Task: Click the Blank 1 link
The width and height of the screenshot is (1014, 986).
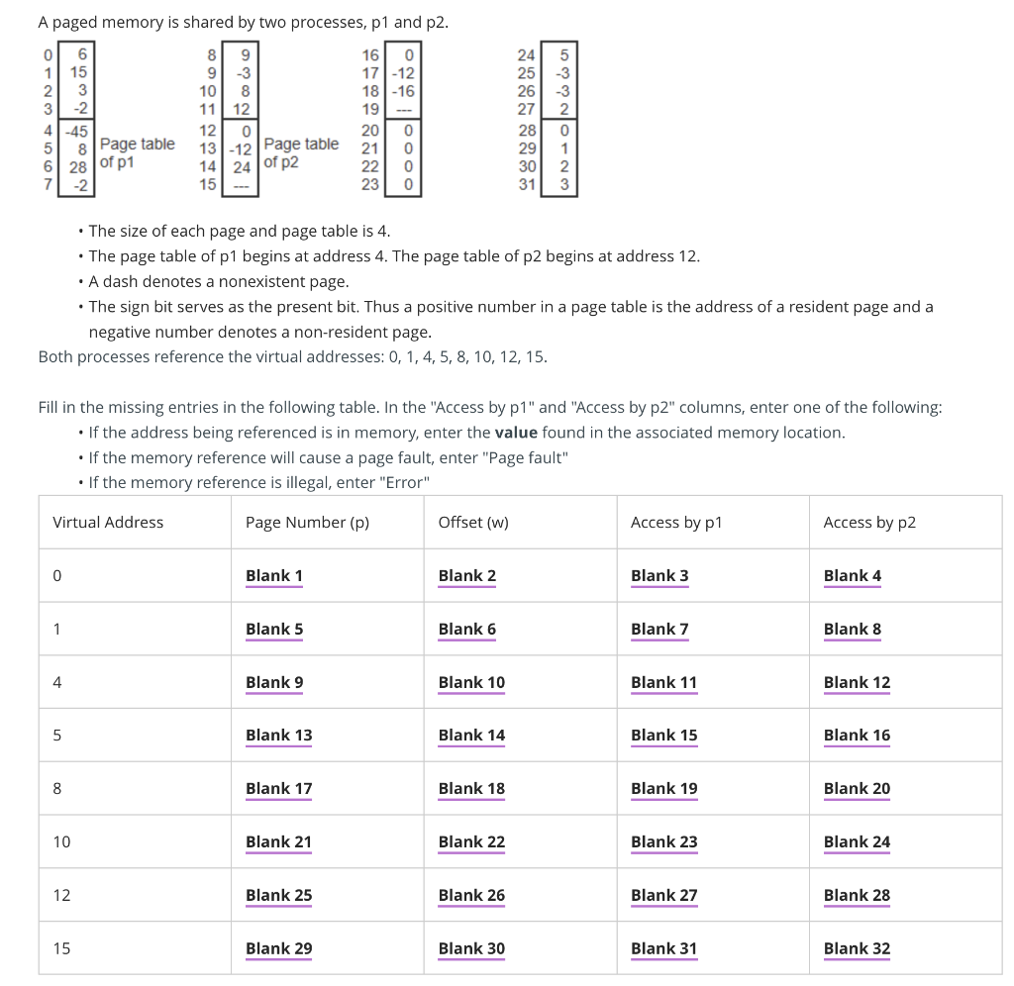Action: (x=274, y=576)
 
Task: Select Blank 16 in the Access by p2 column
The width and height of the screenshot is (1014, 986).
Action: (x=857, y=736)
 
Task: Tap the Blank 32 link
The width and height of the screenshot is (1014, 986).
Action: (x=857, y=948)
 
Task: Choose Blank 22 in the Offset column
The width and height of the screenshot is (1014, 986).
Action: (x=471, y=842)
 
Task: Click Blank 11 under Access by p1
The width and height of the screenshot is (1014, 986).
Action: (x=663, y=682)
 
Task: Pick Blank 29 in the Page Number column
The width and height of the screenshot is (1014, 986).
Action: (x=278, y=948)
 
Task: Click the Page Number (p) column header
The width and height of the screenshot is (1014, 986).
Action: (x=307, y=523)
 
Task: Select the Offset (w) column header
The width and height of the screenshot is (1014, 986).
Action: (x=473, y=523)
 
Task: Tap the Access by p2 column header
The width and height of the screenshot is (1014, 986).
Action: (x=869, y=523)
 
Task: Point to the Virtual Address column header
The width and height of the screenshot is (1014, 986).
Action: (x=108, y=523)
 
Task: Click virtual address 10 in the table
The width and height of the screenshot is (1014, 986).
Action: (x=61, y=842)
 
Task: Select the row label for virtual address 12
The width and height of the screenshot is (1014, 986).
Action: (x=61, y=895)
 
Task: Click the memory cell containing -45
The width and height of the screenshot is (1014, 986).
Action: (x=77, y=131)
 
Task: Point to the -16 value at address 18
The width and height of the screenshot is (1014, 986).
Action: (x=403, y=90)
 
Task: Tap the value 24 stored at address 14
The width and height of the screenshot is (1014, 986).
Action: (x=242, y=166)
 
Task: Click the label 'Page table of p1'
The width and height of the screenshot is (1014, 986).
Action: (x=137, y=153)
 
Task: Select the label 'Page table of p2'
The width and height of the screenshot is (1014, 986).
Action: (x=301, y=153)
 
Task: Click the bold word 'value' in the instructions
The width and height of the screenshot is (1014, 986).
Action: (x=516, y=433)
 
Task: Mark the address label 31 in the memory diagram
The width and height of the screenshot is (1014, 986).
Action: (x=527, y=184)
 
